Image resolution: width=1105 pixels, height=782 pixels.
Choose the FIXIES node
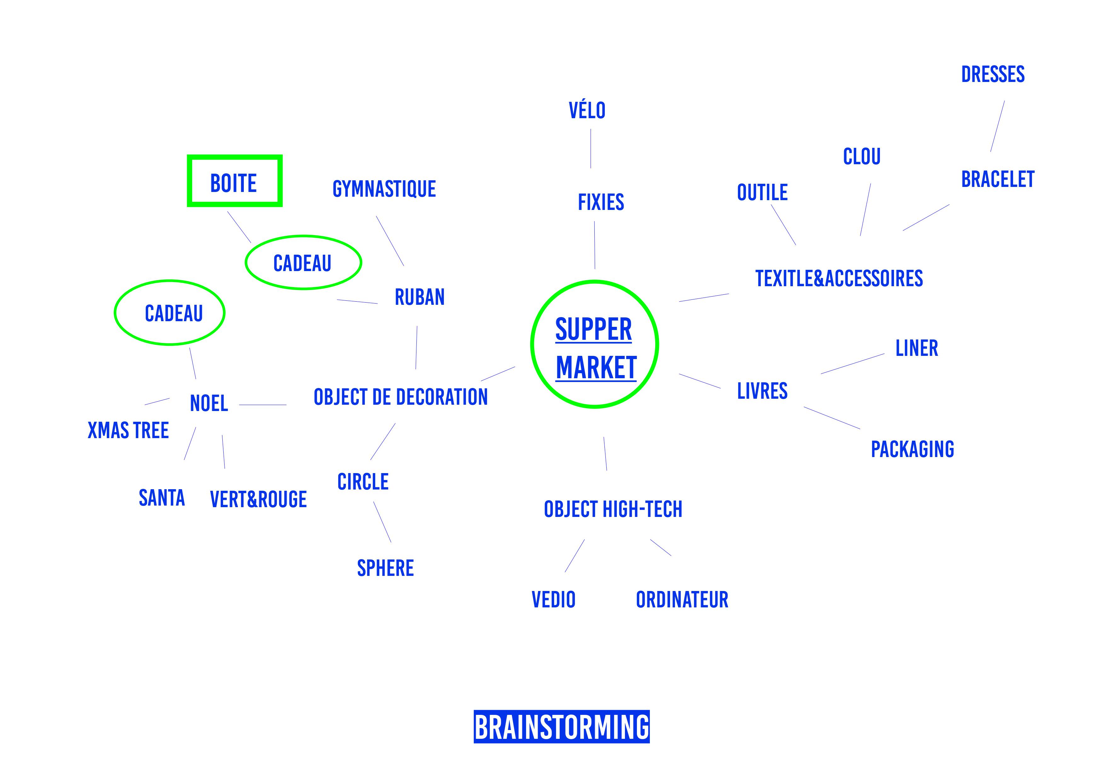(601, 202)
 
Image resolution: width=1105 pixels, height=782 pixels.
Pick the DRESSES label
(993, 75)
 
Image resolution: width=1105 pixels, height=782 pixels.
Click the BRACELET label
(998, 180)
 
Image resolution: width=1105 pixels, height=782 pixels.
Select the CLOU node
(862, 157)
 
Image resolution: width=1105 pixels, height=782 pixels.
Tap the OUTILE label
(762, 193)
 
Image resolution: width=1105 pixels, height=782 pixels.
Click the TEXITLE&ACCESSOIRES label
(839, 279)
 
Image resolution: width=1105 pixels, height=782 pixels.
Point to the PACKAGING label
(913, 449)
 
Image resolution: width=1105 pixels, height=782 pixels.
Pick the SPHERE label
(385, 569)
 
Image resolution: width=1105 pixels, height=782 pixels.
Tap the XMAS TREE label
(128, 431)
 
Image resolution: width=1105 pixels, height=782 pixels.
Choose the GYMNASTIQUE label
(384, 189)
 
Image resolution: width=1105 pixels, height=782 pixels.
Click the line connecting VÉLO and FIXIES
(591, 149)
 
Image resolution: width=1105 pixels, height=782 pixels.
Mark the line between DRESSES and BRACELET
(997, 126)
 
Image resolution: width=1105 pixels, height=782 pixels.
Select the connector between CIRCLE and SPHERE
(382, 522)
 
